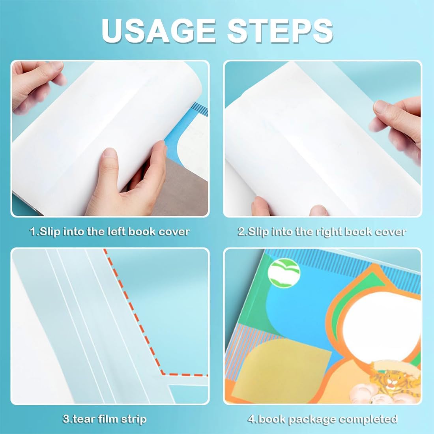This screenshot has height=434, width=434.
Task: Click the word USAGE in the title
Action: point(159,30)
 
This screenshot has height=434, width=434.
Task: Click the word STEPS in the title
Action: point(280,30)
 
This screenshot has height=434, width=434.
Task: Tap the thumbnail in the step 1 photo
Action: point(110,153)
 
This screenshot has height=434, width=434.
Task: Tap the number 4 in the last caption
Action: point(251,419)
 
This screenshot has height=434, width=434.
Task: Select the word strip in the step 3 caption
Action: point(135,419)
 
